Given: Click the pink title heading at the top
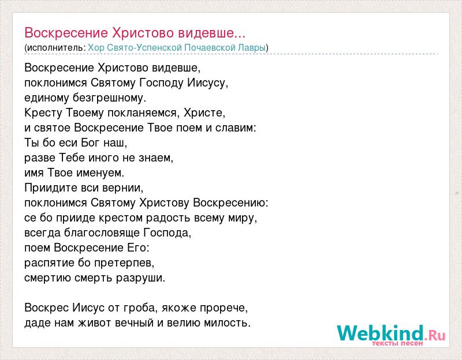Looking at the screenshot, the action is tap(135, 33).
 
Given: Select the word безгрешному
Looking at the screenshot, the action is tap(109, 97).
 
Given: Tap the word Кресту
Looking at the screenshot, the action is tap(43, 112).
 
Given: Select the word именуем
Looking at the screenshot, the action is tap(100, 173).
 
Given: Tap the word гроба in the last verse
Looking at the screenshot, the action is tap(139, 308).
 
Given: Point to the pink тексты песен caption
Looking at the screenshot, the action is tap(397, 343).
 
